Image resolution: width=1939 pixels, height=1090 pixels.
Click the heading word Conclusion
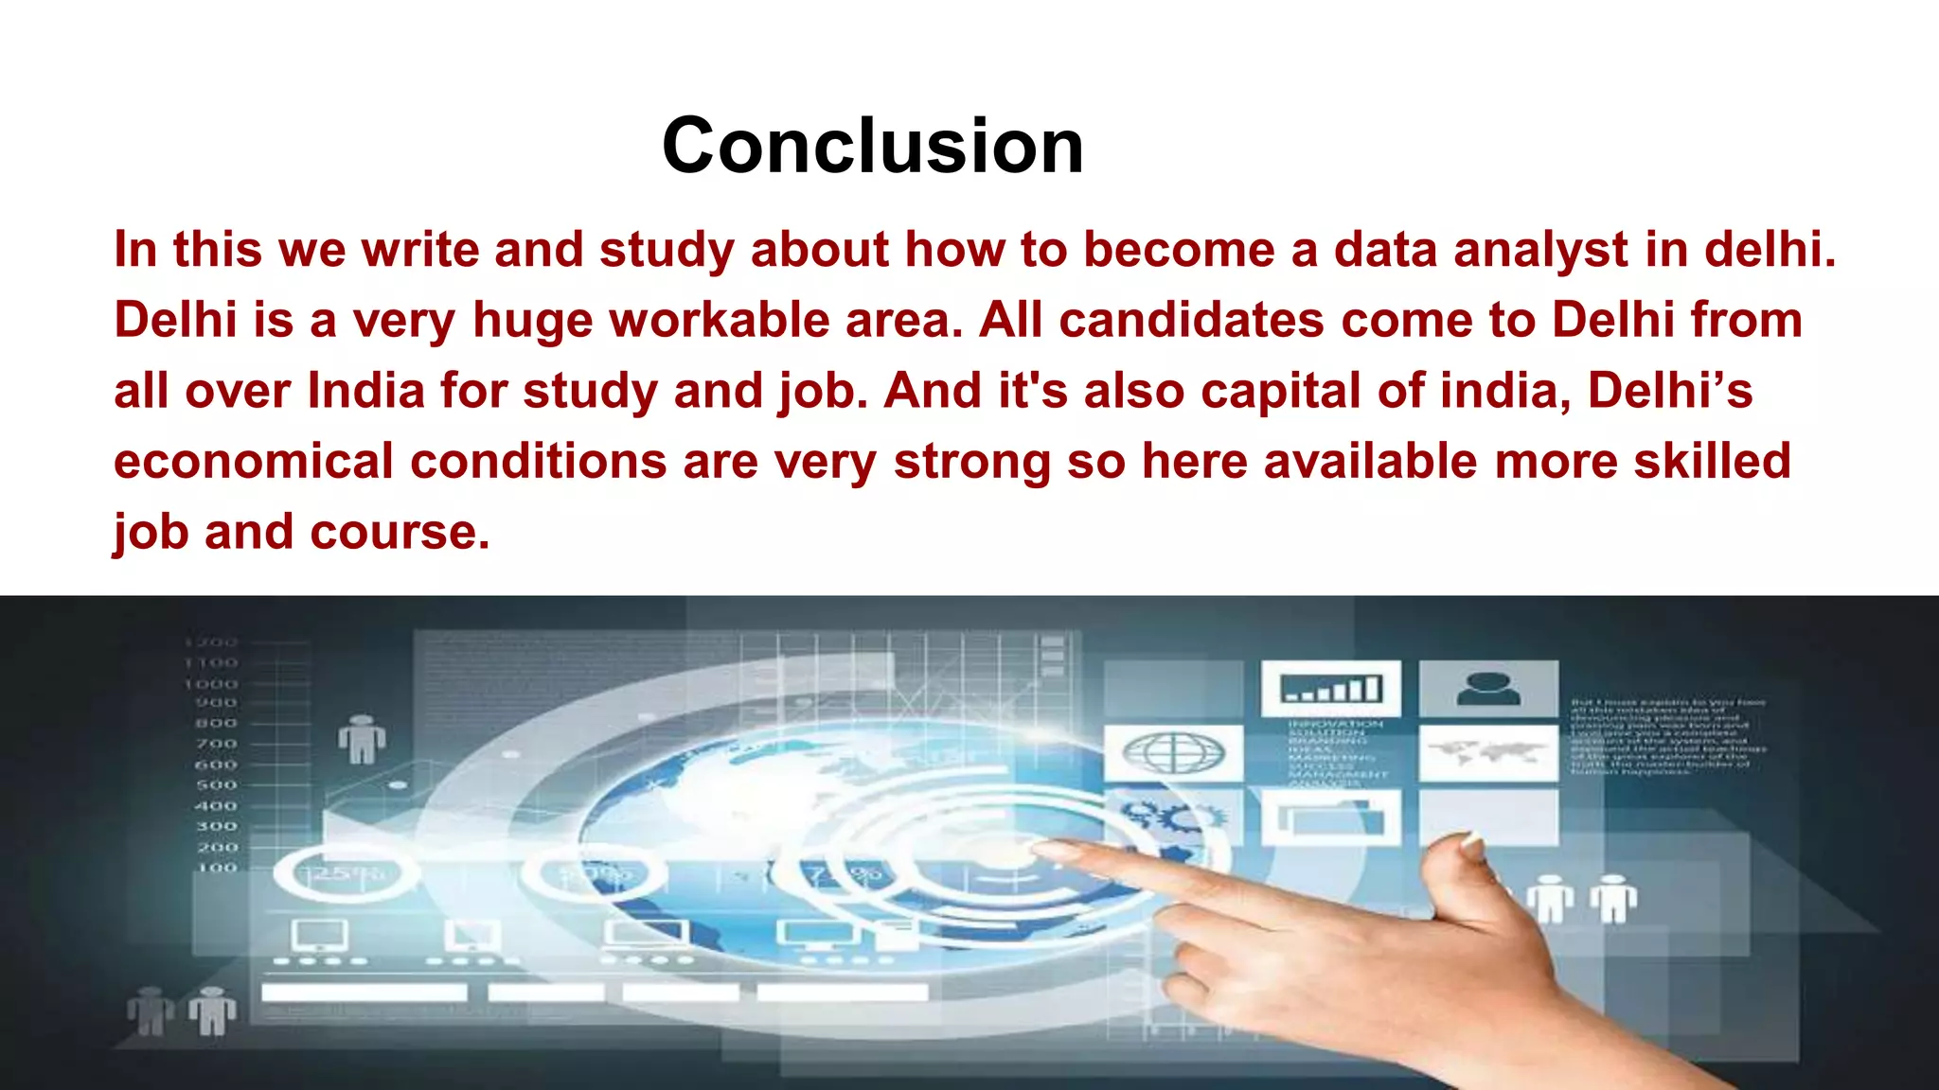(x=872, y=146)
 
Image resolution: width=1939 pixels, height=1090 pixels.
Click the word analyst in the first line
(x=1540, y=250)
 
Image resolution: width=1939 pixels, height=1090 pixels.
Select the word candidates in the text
(x=1190, y=320)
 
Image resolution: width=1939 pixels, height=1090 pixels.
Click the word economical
(x=253, y=462)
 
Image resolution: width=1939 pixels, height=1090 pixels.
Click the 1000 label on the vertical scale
(x=211, y=683)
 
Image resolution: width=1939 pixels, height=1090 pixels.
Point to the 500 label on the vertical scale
(x=216, y=785)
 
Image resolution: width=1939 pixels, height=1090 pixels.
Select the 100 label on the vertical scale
(x=217, y=867)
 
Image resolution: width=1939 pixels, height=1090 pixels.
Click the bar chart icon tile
(x=1329, y=688)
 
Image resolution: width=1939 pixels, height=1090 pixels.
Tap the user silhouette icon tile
(x=1487, y=688)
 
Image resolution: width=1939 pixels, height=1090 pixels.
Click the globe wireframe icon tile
(x=1173, y=753)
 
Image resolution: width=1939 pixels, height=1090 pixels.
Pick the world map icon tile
(x=1487, y=753)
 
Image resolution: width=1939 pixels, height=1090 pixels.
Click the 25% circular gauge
(x=346, y=873)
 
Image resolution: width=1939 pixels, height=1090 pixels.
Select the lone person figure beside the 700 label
(x=362, y=739)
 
